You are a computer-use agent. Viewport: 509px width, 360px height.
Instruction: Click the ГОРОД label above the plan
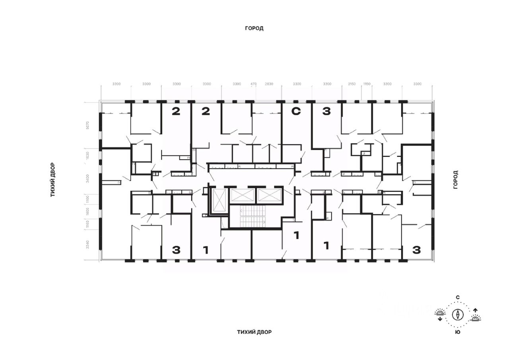pyautogui.click(x=254, y=28)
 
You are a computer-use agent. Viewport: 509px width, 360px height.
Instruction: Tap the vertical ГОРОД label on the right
pyautogui.click(x=456, y=180)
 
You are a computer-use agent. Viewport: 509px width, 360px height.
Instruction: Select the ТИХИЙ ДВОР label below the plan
pyautogui.click(x=254, y=332)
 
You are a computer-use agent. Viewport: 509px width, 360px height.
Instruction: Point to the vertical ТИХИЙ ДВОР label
pyautogui.click(x=52, y=180)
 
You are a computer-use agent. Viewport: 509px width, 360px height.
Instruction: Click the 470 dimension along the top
pyautogui.click(x=254, y=84)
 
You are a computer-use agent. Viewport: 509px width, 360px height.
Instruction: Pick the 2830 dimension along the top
pyautogui.click(x=270, y=84)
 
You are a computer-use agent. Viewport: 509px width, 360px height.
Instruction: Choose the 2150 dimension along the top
pyautogui.click(x=352, y=84)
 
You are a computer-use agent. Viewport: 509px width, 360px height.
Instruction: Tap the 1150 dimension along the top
pyautogui.click(x=367, y=84)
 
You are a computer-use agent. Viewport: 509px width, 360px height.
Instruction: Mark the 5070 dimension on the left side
pyautogui.click(x=88, y=125)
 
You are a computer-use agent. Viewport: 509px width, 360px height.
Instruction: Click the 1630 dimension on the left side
pyautogui.click(x=88, y=155)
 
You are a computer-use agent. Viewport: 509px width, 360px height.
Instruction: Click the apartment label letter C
pyautogui.click(x=296, y=112)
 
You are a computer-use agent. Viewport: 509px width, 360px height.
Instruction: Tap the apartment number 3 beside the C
pyautogui.click(x=326, y=112)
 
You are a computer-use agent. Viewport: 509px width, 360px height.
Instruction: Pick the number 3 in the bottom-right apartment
pyautogui.click(x=416, y=250)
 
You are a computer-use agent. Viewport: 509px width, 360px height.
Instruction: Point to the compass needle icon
pyautogui.click(x=458, y=314)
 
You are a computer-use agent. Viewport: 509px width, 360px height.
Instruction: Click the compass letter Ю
pyautogui.click(x=458, y=332)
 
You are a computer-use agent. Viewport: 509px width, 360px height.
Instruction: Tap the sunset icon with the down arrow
pyautogui.click(x=440, y=314)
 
